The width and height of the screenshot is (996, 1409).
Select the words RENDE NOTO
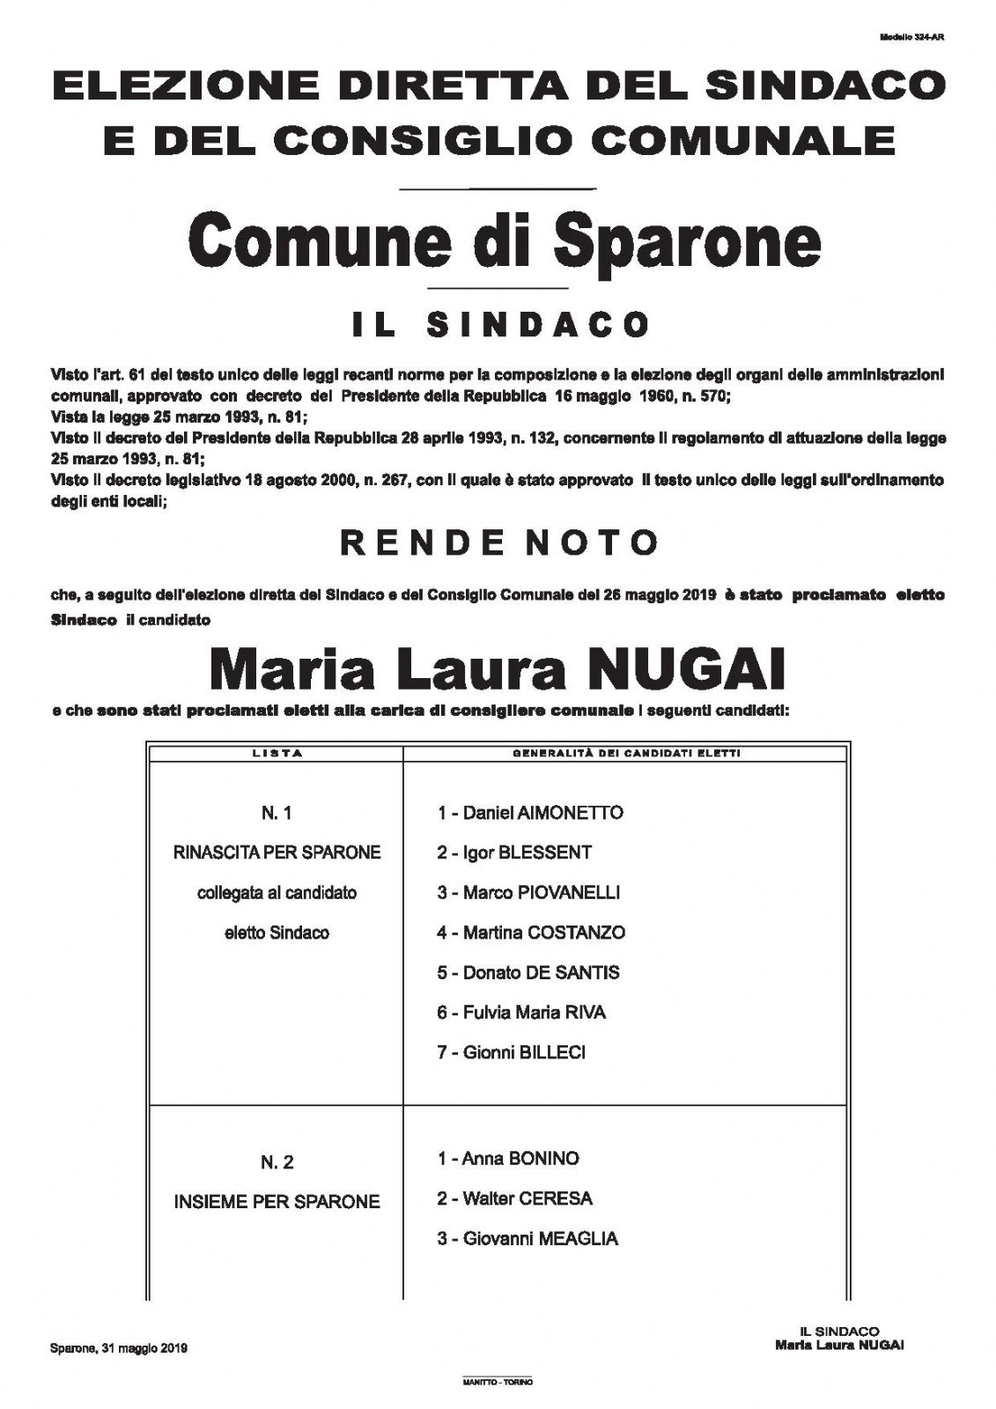click(499, 542)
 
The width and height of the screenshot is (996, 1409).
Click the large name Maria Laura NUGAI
click(497, 671)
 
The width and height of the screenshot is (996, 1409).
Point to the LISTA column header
click(277, 754)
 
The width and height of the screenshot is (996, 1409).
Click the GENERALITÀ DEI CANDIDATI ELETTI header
click(625, 754)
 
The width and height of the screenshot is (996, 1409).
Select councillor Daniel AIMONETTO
click(530, 813)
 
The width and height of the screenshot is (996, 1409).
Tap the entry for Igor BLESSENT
click(514, 852)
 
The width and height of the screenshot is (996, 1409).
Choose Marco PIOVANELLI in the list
click(528, 892)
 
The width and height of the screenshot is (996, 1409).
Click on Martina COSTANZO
click(531, 932)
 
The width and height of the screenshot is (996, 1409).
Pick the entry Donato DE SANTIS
click(528, 972)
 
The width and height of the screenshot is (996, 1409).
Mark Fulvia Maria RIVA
click(521, 1012)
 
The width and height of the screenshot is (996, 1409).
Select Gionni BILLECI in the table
click(511, 1051)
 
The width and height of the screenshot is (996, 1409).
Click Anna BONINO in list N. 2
click(508, 1158)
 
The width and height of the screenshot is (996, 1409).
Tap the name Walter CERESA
click(514, 1199)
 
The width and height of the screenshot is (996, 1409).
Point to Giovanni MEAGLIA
click(528, 1238)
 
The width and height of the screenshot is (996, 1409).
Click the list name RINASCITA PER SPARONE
click(277, 852)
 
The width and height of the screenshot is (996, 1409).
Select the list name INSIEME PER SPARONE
click(277, 1201)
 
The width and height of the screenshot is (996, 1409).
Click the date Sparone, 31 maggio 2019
click(118, 1348)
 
